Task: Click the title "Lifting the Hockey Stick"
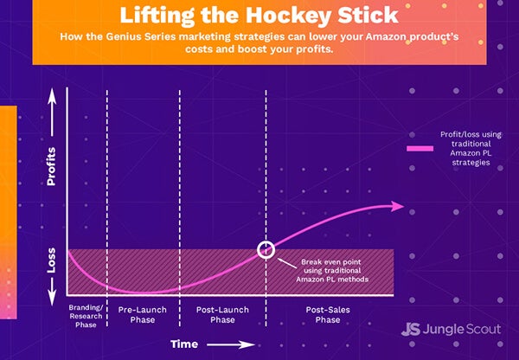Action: [x=259, y=16]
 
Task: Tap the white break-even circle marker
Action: [x=266, y=250]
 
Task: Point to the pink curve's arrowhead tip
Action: [x=403, y=206]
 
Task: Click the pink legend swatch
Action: [x=420, y=148]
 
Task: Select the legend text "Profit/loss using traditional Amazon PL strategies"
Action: [x=471, y=148]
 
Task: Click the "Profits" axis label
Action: [x=51, y=167]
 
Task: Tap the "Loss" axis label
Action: [x=51, y=260]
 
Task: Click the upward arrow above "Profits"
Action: [x=52, y=112]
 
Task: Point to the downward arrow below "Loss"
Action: [x=52, y=292]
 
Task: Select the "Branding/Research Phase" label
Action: [x=86, y=316]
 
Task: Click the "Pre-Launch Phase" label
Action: [x=143, y=315]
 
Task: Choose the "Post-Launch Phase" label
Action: [x=222, y=315]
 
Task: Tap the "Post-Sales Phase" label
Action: [x=328, y=315]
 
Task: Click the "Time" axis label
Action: [x=184, y=344]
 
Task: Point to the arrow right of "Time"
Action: [x=231, y=344]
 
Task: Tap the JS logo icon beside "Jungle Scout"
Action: [x=410, y=329]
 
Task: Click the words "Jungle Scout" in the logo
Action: [x=462, y=329]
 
